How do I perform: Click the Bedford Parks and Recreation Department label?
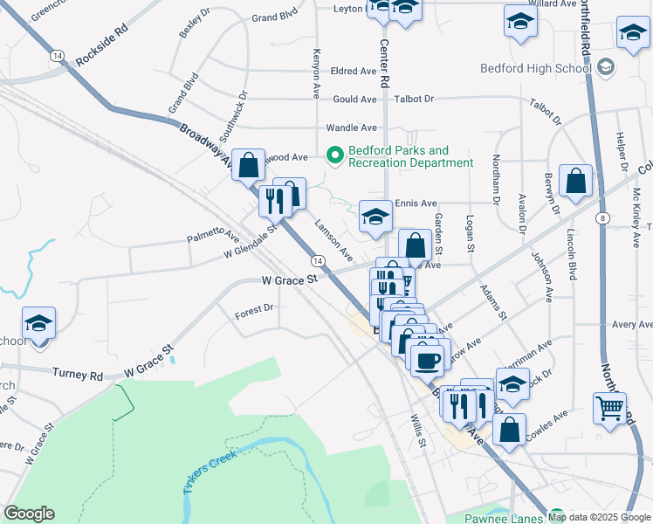point(410,156)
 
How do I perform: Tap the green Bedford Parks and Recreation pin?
point(333,156)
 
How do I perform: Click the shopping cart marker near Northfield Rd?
point(609,407)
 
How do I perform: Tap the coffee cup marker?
point(426,360)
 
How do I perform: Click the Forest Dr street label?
point(254,308)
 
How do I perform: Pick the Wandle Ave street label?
point(351,128)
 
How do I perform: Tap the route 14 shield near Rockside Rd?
point(58,55)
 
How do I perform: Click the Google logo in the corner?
point(29,514)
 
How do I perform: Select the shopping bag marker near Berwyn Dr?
point(576,182)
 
